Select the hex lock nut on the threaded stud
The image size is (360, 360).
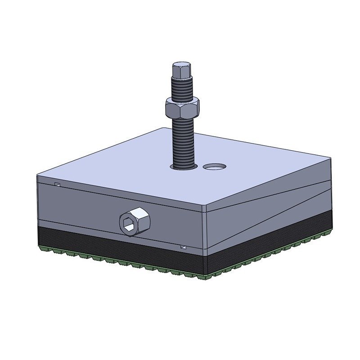(182, 108)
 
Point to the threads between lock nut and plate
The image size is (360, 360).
(183, 139)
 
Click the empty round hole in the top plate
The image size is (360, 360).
(214, 166)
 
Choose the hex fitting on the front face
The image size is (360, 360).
(134, 221)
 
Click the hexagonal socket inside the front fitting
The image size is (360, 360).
(129, 223)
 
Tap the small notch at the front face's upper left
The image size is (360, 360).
(57, 184)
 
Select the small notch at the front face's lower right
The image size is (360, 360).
(183, 247)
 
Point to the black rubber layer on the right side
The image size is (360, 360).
(270, 236)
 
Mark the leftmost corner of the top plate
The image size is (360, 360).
(37, 175)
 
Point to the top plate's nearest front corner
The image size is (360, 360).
(205, 208)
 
